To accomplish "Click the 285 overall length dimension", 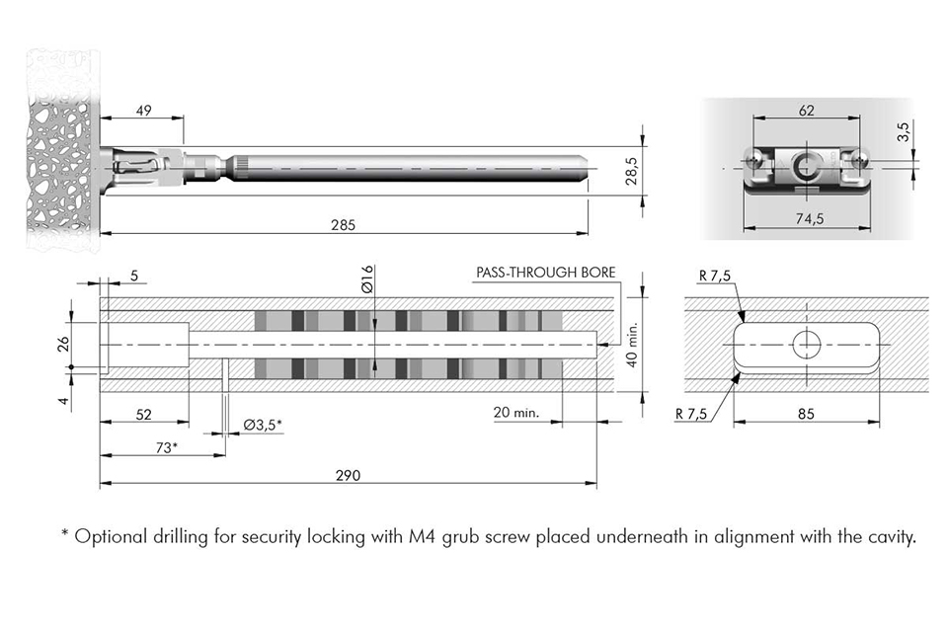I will (344, 224).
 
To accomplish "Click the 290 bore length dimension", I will (348, 475).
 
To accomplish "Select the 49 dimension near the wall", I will (143, 111).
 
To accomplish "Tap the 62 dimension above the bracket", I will (806, 112).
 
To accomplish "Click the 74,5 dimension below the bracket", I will (808, 219).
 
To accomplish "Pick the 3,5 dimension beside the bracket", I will (903, 133).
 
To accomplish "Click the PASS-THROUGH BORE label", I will (545, 272).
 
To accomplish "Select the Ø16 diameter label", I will (366, 279).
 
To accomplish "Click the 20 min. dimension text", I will (515, 413).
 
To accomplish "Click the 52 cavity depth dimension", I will (144, 415).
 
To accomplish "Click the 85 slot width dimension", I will (807, 415).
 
